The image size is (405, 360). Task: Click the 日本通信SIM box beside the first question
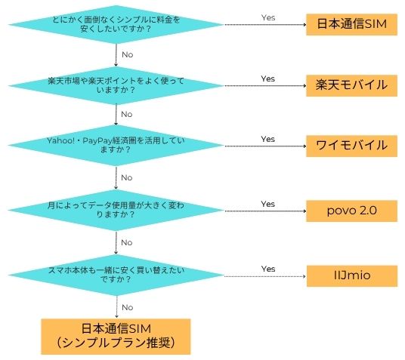(x=351, y=24)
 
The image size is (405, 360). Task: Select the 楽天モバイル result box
(x=351, y=86)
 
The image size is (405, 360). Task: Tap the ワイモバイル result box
(x=351, y=146)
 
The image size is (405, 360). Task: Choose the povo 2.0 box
(x=351, y=211)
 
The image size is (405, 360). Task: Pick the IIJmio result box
(x=352, y=276)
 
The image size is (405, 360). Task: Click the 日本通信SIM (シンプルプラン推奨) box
(x=116, y=337)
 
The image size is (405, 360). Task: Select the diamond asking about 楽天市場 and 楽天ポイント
(x=116, y=86)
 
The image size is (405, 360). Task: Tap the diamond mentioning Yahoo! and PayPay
(x=116, y=146)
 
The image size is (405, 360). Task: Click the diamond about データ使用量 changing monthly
(x=116, y=210)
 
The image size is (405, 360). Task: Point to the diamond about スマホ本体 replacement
(x=116, y=275)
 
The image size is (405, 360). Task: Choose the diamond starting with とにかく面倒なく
(x=116, y=24)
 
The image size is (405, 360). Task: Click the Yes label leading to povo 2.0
(x=267, y=204)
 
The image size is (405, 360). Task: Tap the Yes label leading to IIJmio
(x=268, y=269)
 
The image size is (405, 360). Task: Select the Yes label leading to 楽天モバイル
(x=267, y=78)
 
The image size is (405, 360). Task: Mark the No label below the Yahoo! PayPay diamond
(x=127, y=177)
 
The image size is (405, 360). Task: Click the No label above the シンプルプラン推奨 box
(x=128, y=307)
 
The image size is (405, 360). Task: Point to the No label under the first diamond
(x=128, y=54)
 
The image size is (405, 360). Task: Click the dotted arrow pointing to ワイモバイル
(x=265, y=146)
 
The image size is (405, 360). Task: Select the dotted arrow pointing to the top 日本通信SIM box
(x=265, y=24)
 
